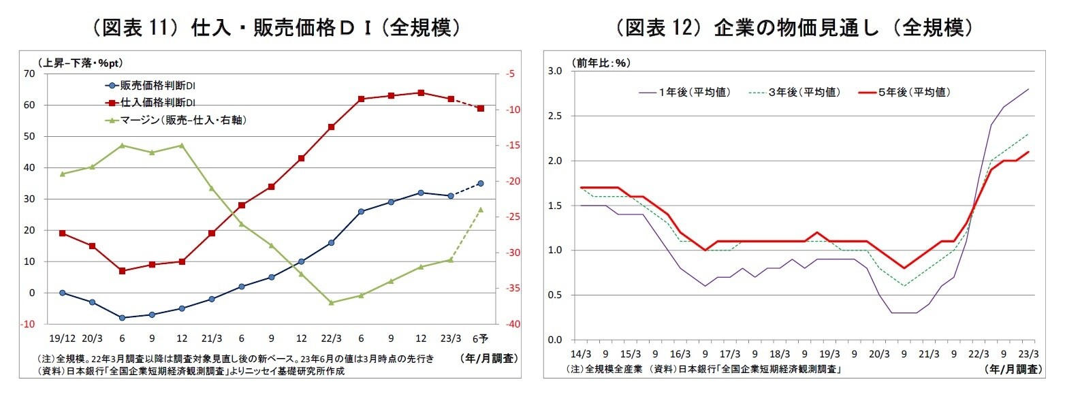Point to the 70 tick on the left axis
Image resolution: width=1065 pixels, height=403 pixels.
tap(31, 74)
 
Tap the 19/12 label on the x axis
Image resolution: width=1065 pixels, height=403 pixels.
tap(62, 338)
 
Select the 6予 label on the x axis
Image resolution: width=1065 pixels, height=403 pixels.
tap(481, 338)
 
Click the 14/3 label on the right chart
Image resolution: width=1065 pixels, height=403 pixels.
tap(581, 353)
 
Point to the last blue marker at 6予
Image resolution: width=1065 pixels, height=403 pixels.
tap(481, 183)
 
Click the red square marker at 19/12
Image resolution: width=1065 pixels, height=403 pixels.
tap(62, 233)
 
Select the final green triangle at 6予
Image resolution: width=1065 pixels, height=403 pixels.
tap(481, 210)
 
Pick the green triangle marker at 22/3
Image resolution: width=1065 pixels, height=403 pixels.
tap(331, 303)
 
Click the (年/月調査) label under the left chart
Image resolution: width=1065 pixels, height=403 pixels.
tap(488, 357)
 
